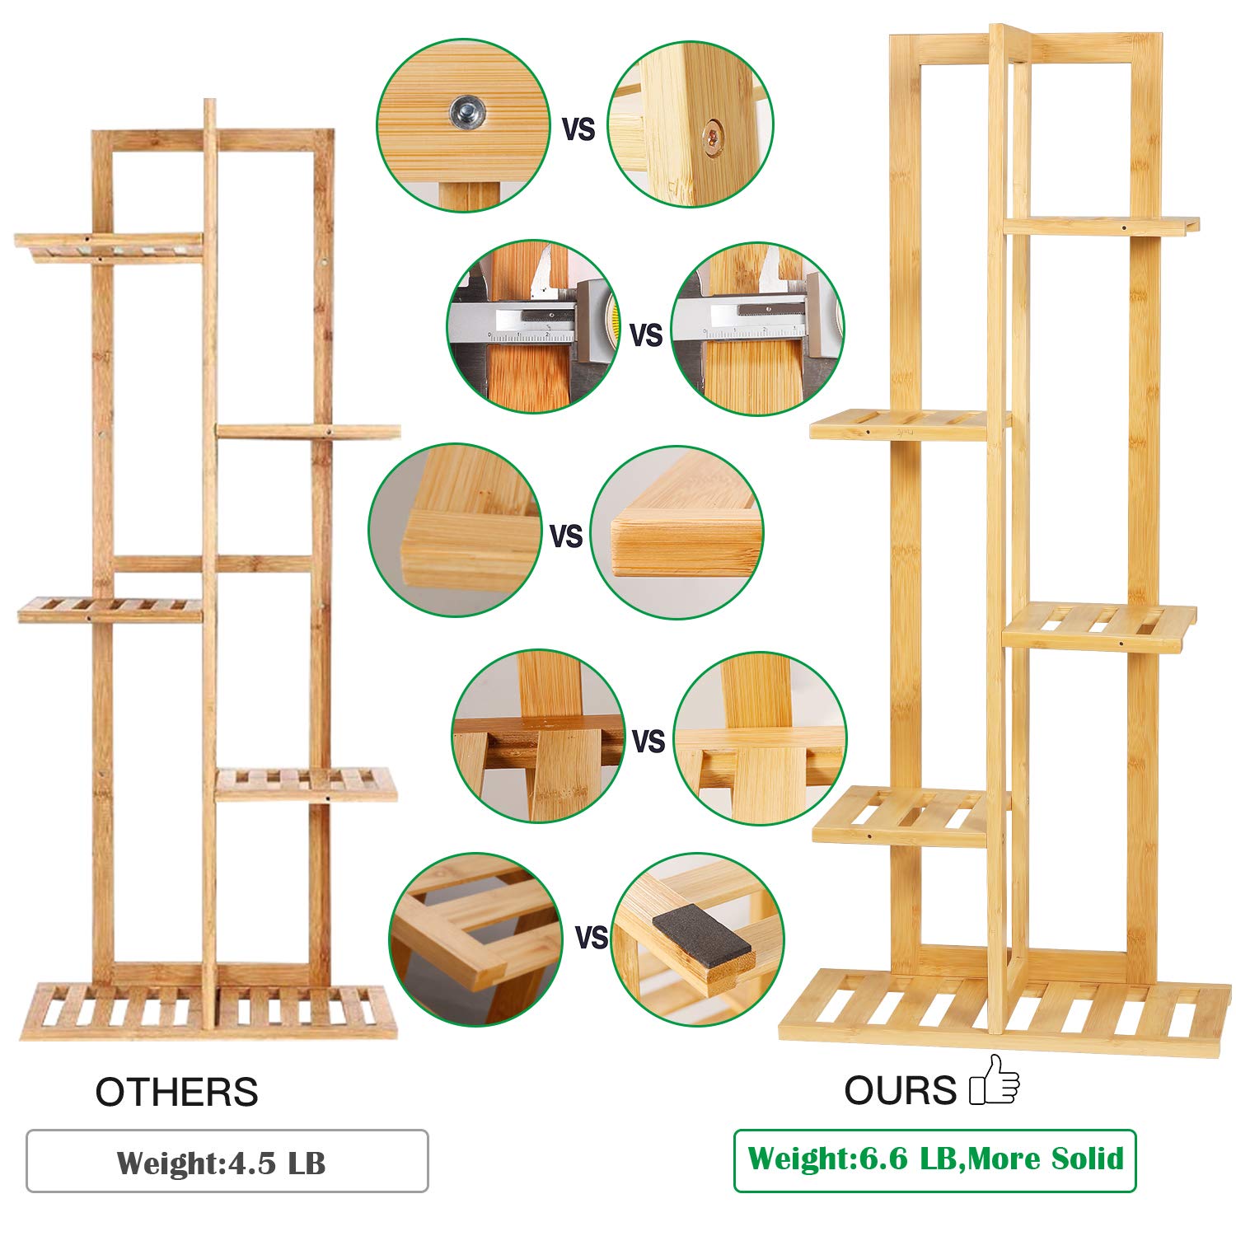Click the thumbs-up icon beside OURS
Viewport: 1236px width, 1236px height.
click(995, 1080)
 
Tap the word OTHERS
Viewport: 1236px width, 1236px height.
click(176, 1093)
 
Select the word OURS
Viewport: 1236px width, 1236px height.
click(900, 1091)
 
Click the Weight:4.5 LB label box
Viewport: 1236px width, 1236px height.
click(227, 1161)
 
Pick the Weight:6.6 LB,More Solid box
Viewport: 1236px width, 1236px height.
click(934, 1160)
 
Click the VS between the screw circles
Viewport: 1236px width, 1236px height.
click(578, 129)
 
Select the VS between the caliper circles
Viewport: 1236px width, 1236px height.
click(646, 335)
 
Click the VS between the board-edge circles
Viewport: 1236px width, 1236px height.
click(566, 536)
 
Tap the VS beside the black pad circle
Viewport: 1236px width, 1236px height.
click(591, 938)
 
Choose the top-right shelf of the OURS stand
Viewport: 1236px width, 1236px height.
click(1100, 225)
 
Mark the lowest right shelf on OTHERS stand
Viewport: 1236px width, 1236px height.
click(306, 784)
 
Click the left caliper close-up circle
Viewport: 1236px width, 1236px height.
click(532, 327)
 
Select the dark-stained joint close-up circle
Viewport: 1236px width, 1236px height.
click(537, 737)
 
